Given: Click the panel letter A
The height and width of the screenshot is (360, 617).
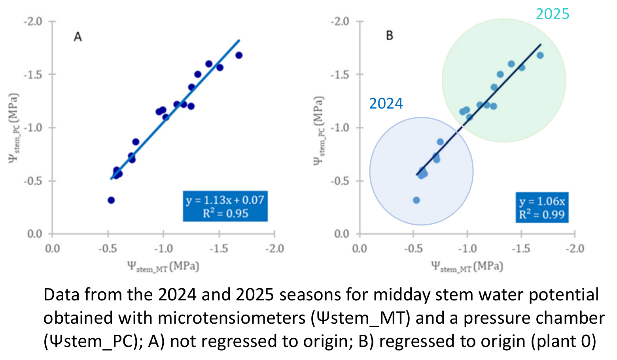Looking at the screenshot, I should click(78, 37).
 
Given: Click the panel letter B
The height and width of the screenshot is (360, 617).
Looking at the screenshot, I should click(389, 36).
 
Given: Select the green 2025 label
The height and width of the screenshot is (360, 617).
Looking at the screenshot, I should click(552, 14).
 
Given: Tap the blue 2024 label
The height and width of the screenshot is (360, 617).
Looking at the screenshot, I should click(386, 103).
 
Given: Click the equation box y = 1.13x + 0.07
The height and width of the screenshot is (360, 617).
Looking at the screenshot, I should click(225, 206).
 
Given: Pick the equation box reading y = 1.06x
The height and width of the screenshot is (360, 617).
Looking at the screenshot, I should click(542, 208).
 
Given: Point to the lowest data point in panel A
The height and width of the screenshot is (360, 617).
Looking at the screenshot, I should click(111, 200).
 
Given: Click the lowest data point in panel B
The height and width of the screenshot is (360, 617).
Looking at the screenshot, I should click(416, 200).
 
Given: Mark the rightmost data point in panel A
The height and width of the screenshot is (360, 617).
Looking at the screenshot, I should click(239, 55).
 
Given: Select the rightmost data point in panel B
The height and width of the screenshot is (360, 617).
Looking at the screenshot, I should click(540, 55).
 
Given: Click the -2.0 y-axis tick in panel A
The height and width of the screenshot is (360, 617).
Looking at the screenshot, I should click(33, 21).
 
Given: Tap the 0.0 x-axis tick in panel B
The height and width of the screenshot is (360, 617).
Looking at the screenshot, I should click(359, 248).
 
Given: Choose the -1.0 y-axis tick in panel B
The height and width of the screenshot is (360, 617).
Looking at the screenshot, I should click(340, 128).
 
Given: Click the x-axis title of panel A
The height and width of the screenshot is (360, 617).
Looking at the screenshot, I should click(163, 266).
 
